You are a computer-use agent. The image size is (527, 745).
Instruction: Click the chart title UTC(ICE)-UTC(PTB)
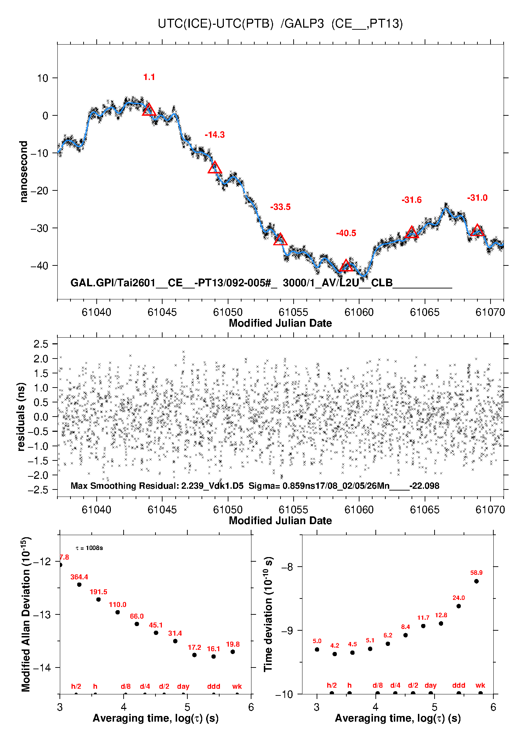coord(216,24)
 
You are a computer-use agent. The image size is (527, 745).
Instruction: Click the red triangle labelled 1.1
coord(149,110)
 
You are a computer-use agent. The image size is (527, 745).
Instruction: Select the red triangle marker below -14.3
coord(215,167)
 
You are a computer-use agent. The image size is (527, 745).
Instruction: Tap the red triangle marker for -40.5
coord(346,265)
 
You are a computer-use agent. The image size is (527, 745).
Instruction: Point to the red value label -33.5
coord(280,207)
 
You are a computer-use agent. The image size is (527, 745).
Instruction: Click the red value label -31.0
coord(477,198)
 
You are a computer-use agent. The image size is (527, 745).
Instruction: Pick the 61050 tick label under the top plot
coord(228,312)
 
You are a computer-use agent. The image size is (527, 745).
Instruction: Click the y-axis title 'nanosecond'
coord(24,172)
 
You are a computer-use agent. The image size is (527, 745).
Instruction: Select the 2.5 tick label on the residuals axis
coord(41,344)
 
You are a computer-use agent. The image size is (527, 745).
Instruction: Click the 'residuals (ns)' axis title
coord(22,417)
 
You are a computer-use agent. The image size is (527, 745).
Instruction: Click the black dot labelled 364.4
coord(79,585)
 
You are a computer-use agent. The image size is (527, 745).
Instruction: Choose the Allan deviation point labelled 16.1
coord(214,657)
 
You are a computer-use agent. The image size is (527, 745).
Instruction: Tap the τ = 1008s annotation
coord(89,548)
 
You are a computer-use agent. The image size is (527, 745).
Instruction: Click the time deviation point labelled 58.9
coord(476,581)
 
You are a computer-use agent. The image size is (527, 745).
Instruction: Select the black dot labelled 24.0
coord(459,606)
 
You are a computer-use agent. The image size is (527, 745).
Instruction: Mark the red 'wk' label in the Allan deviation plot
coord(237,686)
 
